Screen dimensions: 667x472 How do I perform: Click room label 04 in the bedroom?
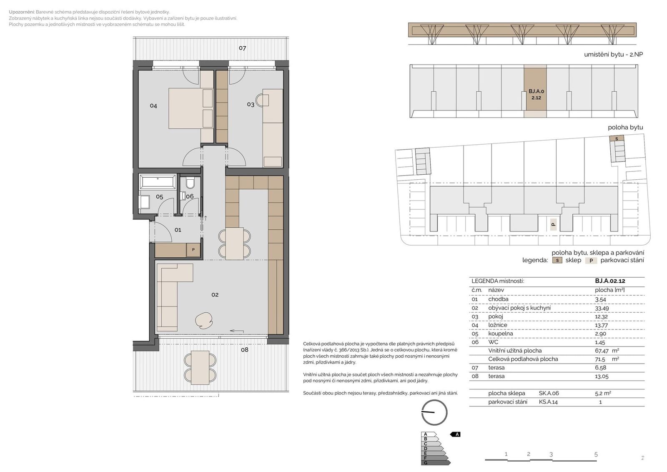(153, 106)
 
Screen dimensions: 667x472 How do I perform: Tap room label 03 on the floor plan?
(251, 105)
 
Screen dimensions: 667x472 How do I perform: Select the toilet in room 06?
(190, 183)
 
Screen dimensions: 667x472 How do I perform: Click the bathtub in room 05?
(158, 181)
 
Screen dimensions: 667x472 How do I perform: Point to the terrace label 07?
(242, 48)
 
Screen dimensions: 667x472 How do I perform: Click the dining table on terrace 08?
(200, 368)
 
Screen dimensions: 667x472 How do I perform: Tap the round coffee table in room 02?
(204, 320)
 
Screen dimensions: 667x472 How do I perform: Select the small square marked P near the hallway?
(193, 250)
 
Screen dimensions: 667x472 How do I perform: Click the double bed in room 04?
(191, 108)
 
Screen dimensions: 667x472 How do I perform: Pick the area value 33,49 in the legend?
(602, 308)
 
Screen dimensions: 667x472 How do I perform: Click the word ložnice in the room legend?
(498, 325)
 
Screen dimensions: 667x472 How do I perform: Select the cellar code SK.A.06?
(549, 393)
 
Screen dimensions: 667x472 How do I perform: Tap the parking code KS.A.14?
(548, 402)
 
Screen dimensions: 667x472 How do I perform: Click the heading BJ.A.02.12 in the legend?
(610, 281)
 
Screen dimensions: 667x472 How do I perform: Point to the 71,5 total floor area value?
(600, 359)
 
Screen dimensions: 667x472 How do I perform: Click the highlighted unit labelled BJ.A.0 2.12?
(535, 91)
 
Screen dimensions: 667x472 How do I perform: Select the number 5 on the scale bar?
(596, 454)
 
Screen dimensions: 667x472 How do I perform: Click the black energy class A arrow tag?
(456, 434)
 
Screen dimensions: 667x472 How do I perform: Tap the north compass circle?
(434, 412)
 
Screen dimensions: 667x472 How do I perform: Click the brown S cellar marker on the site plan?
(617, 138)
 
